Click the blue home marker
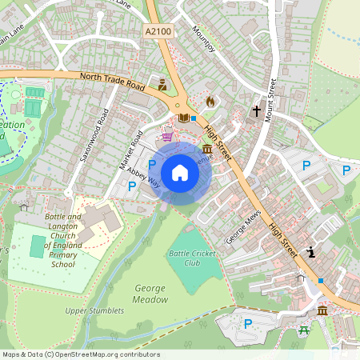pos(180,173)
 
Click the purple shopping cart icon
pos(167,135)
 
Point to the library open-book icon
pos(184,118)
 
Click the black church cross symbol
pos(257,110)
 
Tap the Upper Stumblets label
pos(90,310)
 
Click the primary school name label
pos(63,240)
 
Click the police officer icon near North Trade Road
pos(163,84)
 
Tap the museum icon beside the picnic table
pos(322,310)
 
